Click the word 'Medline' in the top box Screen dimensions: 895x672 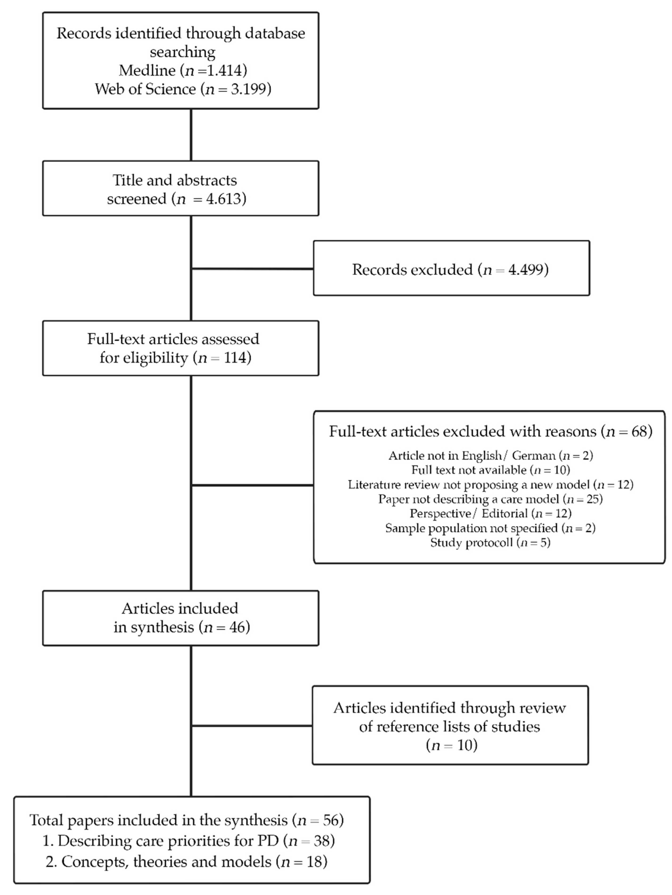pos(147,71)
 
